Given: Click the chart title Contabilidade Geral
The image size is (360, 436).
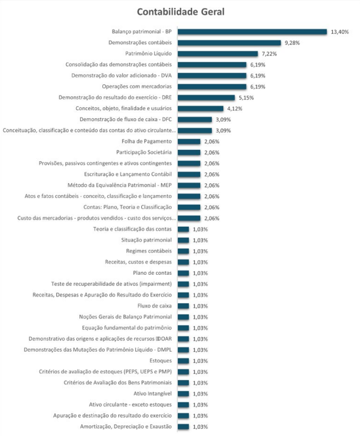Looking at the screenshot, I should (179, 12).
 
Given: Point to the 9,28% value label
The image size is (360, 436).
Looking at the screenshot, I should (292, 43).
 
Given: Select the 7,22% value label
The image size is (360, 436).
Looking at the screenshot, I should (269, 54).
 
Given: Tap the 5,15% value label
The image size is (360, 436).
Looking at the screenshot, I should (246, 97).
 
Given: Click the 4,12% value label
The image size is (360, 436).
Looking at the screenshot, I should (235, 109).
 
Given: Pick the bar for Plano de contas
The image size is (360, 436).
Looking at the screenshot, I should (184, 273).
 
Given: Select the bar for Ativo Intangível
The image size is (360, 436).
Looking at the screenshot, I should (184, 394).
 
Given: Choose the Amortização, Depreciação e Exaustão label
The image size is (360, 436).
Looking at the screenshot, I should (126, 426).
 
